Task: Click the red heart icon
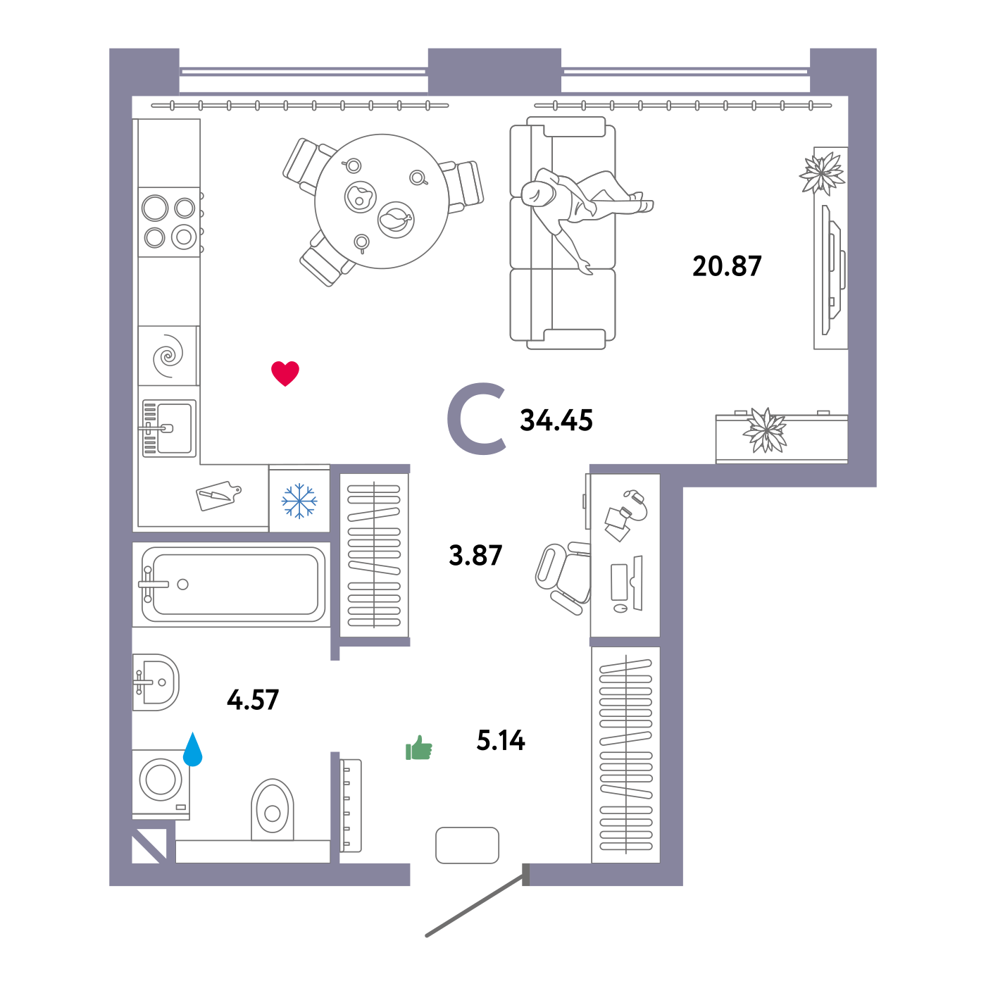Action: [285, 373]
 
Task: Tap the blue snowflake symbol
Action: [299, 501]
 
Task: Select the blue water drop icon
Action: [192, 751]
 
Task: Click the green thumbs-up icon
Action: [419, 749]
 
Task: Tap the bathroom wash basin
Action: [157, 682]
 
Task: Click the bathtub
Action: [233, 584]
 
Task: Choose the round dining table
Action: [382, 201]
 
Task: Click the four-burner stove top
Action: [170, 222]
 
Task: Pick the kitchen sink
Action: [169, 428]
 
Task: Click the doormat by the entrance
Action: [468, 845]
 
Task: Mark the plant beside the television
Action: [822, 173]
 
